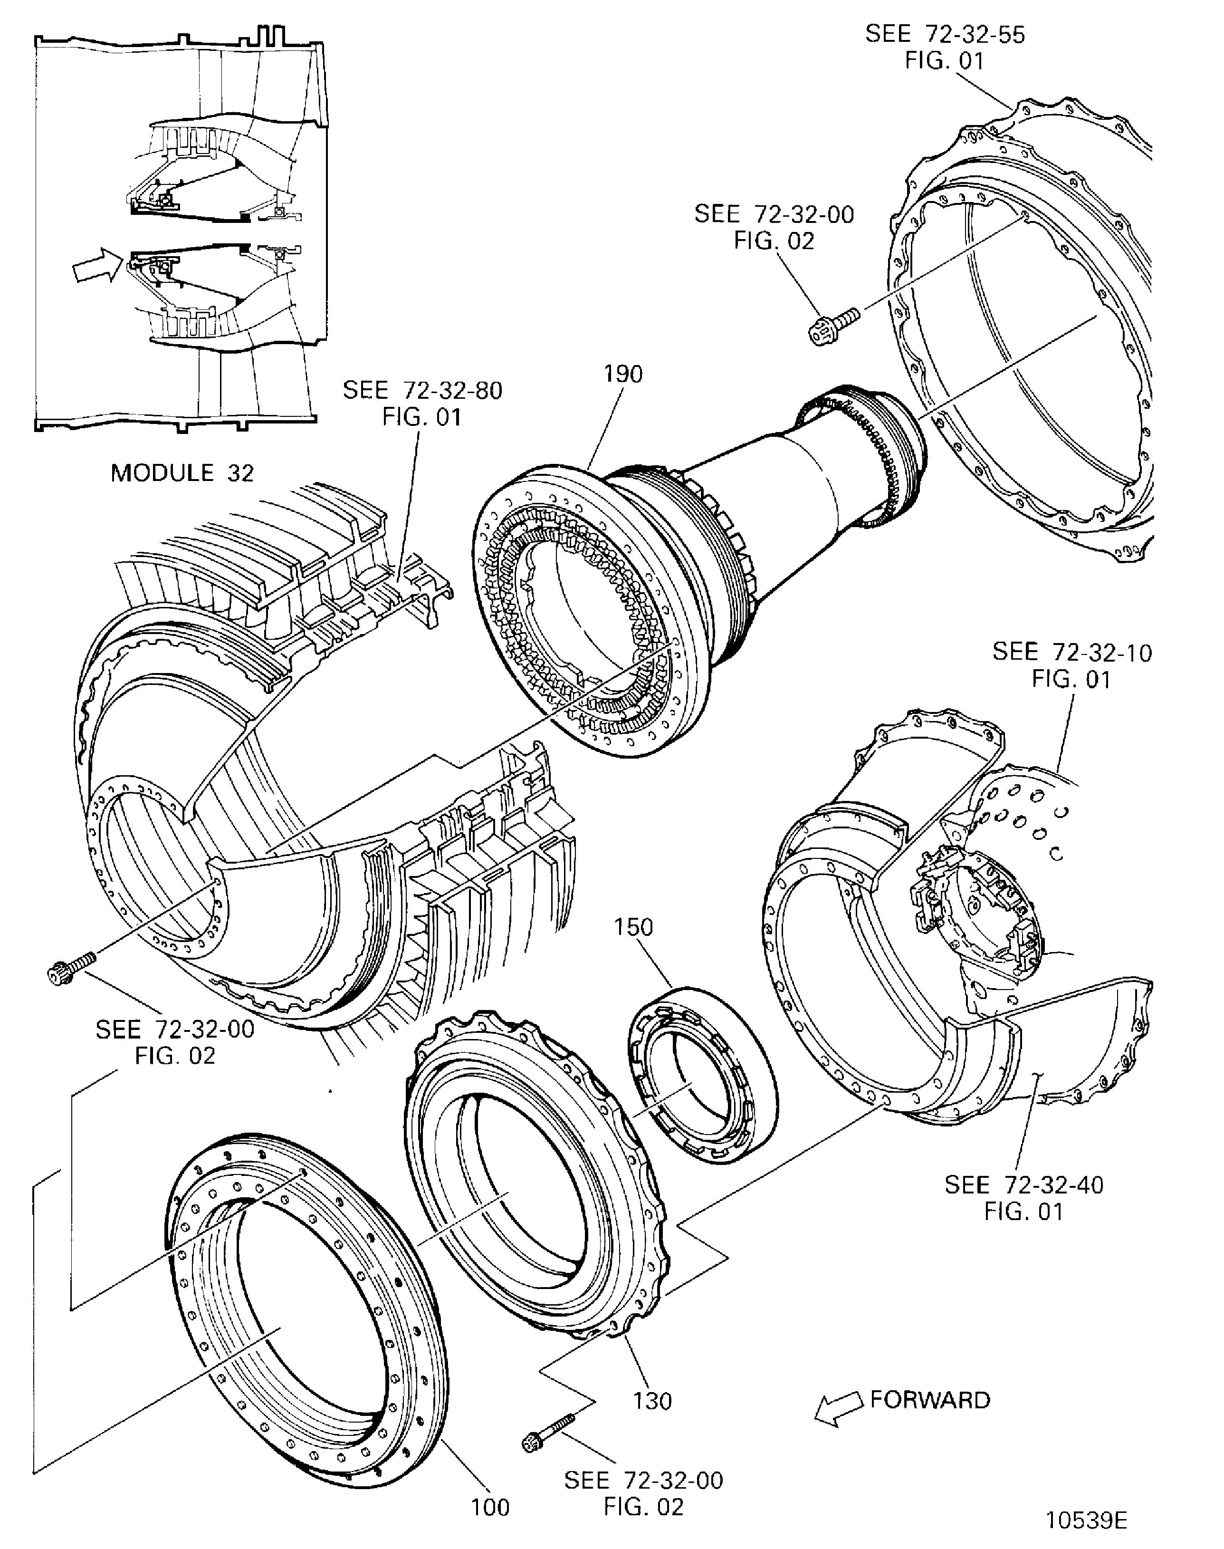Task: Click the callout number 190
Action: tap(623, 374)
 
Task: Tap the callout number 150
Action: tap(633, 927)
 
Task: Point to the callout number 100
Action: tap(490, 1508)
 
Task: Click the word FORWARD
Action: tap(930, 1400)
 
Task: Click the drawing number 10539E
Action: tap(1086, 1520)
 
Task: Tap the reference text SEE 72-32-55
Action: tap(945, 34)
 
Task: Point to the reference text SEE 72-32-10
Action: tap(1072, 652)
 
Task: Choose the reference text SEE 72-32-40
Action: tap(1023, 1185)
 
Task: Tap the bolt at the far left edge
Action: tap(69, 966)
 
